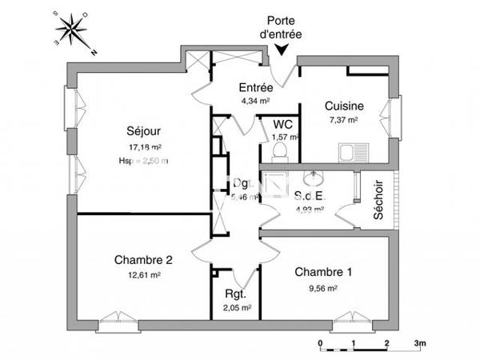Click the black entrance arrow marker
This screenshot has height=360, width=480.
click(282, 50)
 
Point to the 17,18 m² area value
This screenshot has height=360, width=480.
click(145, 148)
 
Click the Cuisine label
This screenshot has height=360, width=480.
click(345, 106)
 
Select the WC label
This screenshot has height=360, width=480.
click(282, 125)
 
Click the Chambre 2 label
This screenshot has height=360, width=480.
click(144, 259)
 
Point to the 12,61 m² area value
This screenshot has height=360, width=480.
click(145, 274)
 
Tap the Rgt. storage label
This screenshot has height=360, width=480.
click(235, 293)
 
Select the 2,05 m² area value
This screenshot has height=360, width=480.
click(236, 307)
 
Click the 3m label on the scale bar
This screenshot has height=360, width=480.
click(421, 343)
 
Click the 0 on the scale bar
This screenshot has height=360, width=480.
click(320, 343)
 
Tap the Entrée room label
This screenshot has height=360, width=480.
click(257, 87)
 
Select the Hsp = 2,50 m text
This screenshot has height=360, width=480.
click(145, 161)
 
